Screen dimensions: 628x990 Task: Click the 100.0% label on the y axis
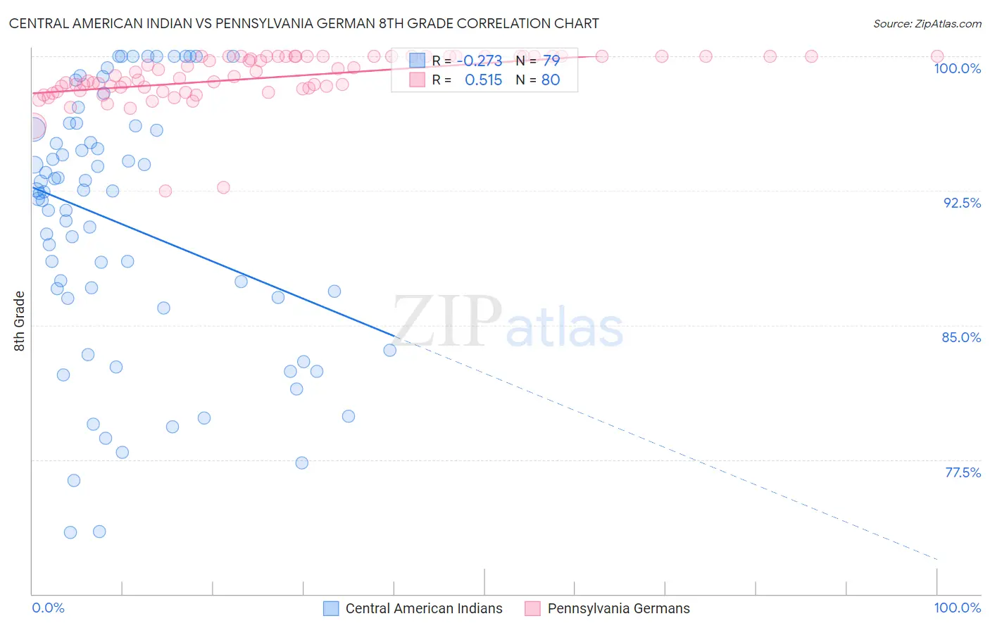pos(957,68)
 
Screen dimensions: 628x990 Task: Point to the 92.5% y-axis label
pos(962,203)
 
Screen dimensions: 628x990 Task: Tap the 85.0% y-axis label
pos(961,337)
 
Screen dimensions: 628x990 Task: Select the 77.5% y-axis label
pos(963,472)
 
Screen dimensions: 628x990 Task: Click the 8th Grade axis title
pos(20,321)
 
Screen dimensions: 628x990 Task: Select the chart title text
pos(303,23)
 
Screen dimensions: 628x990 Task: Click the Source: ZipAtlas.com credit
pos(927,24)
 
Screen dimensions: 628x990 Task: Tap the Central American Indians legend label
pos(424,609)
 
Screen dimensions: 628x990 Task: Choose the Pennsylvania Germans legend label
pos(618,609)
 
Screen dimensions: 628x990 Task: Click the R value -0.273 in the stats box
pos(483,61)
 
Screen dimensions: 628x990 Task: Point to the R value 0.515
pos(483,80)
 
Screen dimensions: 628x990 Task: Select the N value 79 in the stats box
pos(551,61)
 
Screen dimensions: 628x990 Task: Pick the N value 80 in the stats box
pos(551,80)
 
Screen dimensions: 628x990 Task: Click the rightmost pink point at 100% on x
pos(937,56)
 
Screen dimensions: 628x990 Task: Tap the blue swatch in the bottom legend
pos(331,609)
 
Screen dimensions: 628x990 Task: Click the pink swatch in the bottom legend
pos(532,609)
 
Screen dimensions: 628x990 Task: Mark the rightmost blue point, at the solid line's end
pos(390,350)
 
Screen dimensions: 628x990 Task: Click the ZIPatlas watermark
pos(508,322)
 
